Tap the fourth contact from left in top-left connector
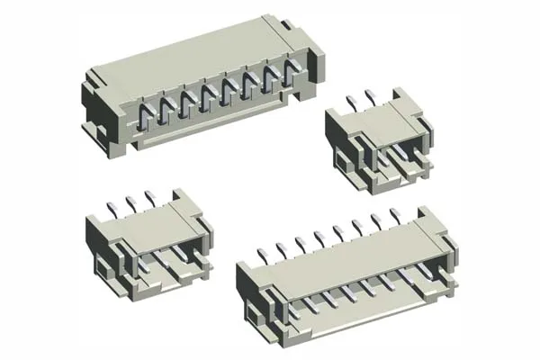point(208,103)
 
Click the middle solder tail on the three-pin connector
point(130,195)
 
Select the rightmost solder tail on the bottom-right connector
point(397,214)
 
